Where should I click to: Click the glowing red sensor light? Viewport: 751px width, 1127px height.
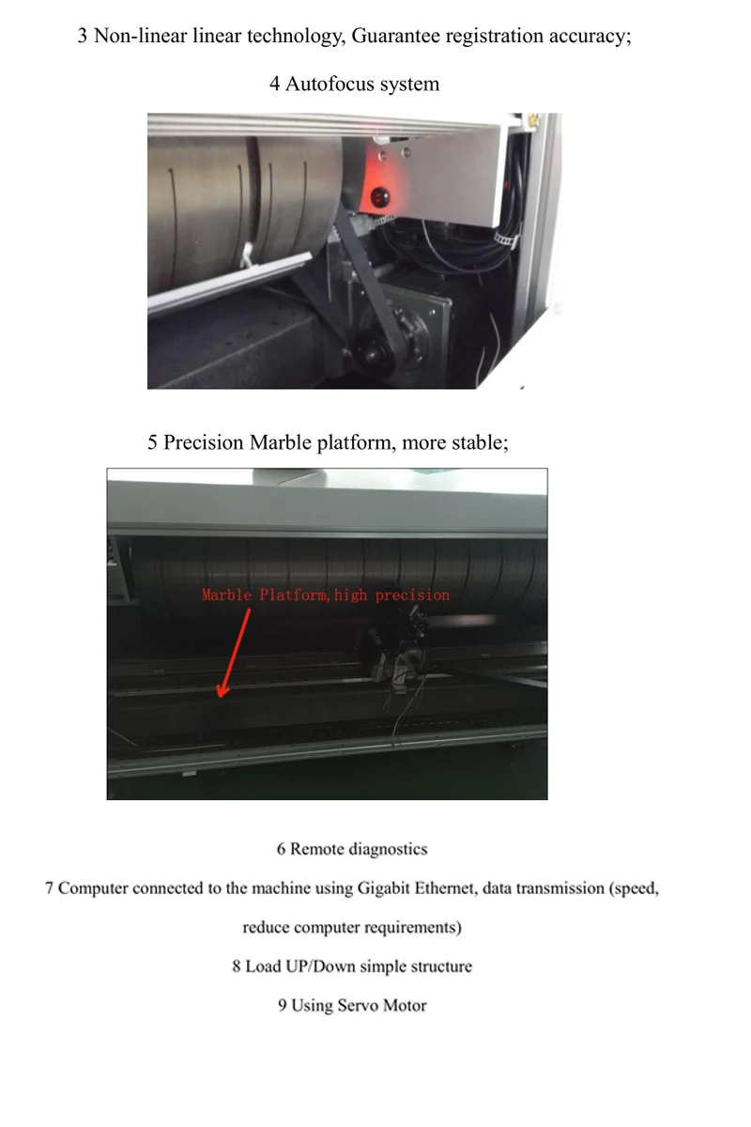coord(381,195)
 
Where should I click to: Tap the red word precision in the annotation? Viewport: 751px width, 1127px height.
coord(412,594)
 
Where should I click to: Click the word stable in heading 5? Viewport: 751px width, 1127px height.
coord(478,442)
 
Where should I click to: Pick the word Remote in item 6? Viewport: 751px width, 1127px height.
coord(317,849)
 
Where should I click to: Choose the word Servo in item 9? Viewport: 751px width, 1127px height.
coord(358,1005)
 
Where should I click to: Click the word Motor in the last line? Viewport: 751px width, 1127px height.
coord(404,1005)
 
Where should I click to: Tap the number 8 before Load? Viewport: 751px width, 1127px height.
coord(237,965)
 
